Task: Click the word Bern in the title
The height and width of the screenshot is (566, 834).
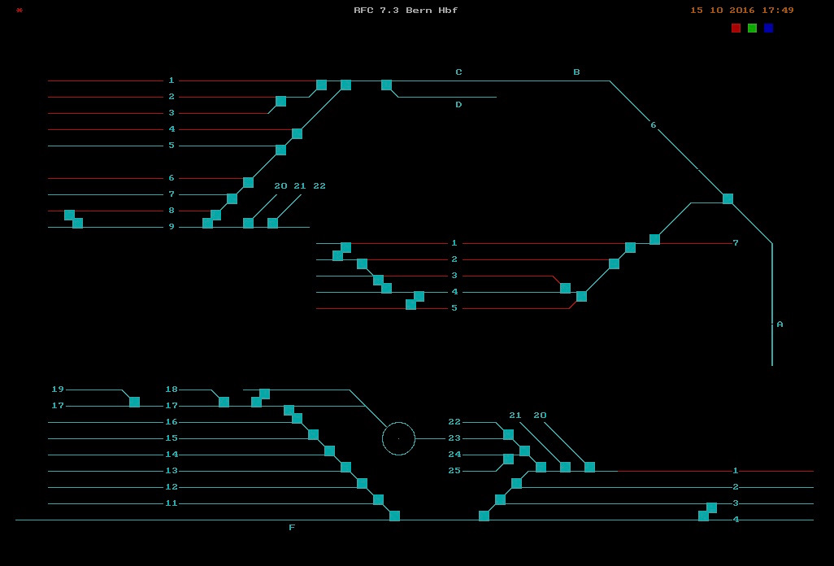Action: click(x=419, y=10)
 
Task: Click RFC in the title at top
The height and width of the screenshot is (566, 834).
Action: click(x=363, y=10)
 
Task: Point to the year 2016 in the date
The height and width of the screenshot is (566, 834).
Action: click(x=742, y=10)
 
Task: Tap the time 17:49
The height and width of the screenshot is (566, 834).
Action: click(x=778, y=10)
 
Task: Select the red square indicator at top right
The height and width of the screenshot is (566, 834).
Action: click(x=736, y=28)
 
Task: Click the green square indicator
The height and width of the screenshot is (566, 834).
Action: click(x=752, y=28)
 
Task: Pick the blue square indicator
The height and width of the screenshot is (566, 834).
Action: click(x=769, y=28)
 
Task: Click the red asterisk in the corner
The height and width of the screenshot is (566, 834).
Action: click(x=20, y=10)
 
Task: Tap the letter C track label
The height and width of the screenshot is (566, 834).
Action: click(x=458, y=72)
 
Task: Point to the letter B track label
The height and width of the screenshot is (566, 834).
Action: click(x=576, y=72)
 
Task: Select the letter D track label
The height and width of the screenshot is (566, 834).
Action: click(x=458, y=105)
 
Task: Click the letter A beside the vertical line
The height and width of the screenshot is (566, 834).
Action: click(x=780, y=324)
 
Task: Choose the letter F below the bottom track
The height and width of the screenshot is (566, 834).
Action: click(x=292, y=527)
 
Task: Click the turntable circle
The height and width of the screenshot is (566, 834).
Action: click(x=398, y=422)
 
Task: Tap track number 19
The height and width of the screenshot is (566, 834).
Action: click(x=58, y=390)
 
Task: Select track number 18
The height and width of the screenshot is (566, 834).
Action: click(x=172, y=390)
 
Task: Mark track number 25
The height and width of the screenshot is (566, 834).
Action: click(x=454, y=471)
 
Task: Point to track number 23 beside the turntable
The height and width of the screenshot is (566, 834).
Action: click(x=454, y=438)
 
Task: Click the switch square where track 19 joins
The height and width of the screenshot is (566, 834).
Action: click(x=135, y=403)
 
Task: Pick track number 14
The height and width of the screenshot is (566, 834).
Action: click(x=172, y=455)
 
